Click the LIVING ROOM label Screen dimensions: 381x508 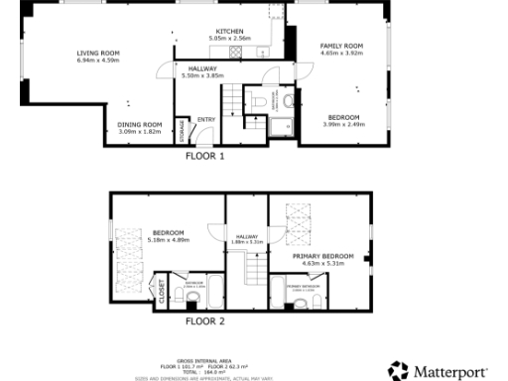[98, 53]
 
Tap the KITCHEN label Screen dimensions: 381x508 [230, 31]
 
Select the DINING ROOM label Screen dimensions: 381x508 [140, 124]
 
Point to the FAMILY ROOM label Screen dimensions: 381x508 [341, 46]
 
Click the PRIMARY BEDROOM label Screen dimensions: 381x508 [323, 255]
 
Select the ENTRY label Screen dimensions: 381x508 [206, 120]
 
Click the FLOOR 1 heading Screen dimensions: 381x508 [205, 156]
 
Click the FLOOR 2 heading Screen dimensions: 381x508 [205, 321]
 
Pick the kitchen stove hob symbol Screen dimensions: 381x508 [236, 53]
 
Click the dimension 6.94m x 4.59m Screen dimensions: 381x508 [98, 61]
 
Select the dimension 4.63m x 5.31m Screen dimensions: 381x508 [323, 263]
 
